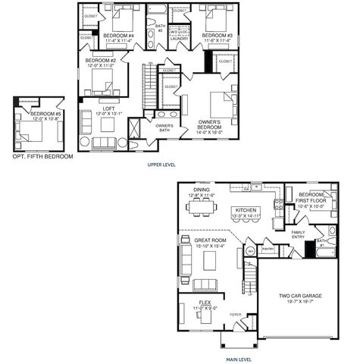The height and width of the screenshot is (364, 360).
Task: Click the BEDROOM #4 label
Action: tap(118, 36)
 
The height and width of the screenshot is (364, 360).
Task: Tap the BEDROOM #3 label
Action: tap(218, 36)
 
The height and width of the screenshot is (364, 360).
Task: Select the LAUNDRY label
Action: tap(179, 38)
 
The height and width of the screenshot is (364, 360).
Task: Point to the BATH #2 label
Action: tap(160, 27)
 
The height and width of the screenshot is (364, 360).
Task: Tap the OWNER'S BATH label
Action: tap(164, 127)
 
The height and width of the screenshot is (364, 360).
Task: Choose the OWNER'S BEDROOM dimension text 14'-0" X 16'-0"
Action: tap(209, 131)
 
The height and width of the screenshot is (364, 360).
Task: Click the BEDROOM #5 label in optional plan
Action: tap(44, 114)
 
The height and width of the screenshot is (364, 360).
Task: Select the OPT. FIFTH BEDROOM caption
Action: tap(42, 156)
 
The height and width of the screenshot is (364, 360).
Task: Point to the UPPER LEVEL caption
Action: tap(163, 163)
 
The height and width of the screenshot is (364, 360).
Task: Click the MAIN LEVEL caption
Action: tap(239, 359)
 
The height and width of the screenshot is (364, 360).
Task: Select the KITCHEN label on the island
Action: tap(247, 210)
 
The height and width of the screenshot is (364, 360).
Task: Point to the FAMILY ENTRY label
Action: tap(297, 234)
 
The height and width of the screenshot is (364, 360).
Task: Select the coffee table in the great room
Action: tap(211, 260)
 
